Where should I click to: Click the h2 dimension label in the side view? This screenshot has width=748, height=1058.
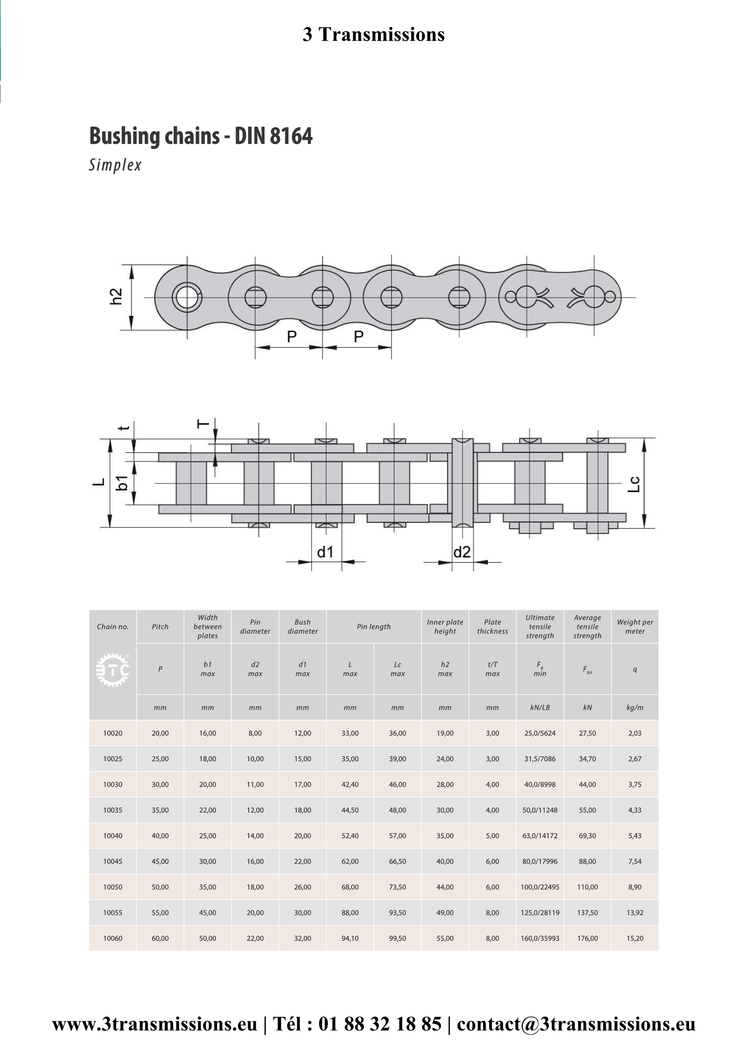pos(116,296)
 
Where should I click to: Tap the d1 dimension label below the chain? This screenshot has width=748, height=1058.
pos(325,552)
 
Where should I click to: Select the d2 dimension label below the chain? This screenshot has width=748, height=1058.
pos(462,552)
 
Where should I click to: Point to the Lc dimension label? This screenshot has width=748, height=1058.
pos(634,484)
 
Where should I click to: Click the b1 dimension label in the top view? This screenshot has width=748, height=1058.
pos(122,483)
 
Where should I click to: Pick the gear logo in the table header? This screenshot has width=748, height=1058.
pos(113,669)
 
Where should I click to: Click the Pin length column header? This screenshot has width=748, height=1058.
pos(374,626)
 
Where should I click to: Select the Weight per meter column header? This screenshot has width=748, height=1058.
pos(634,626)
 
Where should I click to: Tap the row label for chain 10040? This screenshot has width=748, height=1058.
pos(113,835)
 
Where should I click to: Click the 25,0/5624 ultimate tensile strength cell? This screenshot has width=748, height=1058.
pos(540,733)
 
